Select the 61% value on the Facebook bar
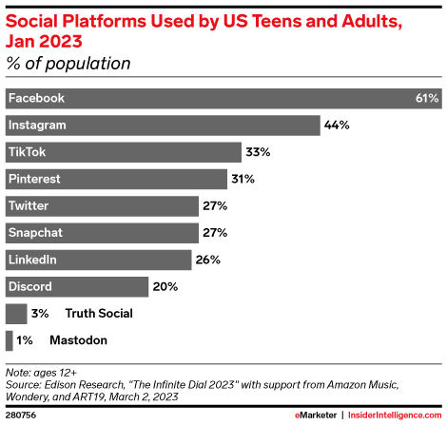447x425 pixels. pyautogui.click(x=426, y=98)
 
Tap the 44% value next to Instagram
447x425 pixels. pyautogui.click(x=338, y=125)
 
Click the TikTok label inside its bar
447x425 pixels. pyautogui.click(x=28, y=151)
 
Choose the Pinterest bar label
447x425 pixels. pyautogui.click(x=35, y=178)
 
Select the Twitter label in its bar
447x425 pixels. pyautogui.click(x=29, y=205)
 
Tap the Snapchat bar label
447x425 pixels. pyautogui.click(x=36, y=232)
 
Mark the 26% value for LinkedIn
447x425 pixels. pyautogui.click(x=208, y=259)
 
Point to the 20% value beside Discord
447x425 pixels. pyautogui.click(x=165, y=285)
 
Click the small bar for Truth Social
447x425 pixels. pyautogui.click(x=16, y=313)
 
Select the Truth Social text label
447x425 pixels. pyautogui.click(x=100, y=313)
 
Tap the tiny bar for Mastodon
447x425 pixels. pyautogui.click(x=10, y=339)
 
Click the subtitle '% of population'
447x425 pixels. pyautogui.click(x=68, y=64)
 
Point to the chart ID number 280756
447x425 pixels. pyautogui.click(x=20, y=416)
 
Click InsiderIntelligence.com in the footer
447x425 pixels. pyautogui.click(x=398, y=416)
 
